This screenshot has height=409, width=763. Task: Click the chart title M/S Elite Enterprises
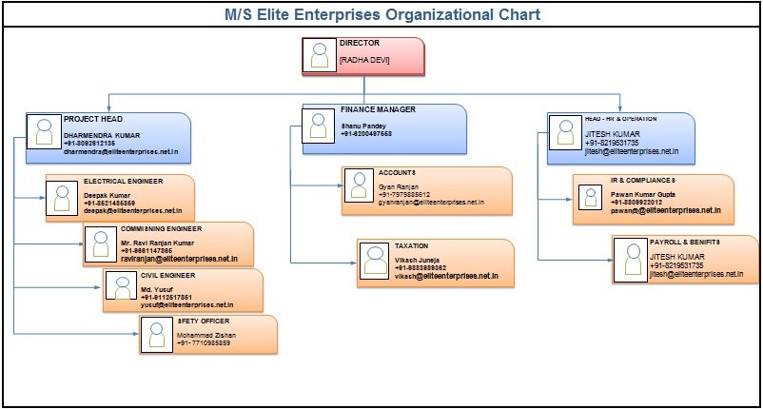coord(381,14)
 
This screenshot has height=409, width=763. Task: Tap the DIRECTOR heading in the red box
coord(360,43)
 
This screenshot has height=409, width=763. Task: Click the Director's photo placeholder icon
coord(319,56)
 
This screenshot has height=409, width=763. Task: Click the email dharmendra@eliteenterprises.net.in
coord(121,151)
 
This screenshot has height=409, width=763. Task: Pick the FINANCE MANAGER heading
coord(378,109)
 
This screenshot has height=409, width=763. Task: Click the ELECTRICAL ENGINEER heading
coord(123,180)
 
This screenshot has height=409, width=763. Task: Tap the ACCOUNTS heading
coord(398,172)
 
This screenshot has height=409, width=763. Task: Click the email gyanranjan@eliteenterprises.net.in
coord(431,203)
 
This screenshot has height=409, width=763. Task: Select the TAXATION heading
coord(411,245)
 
